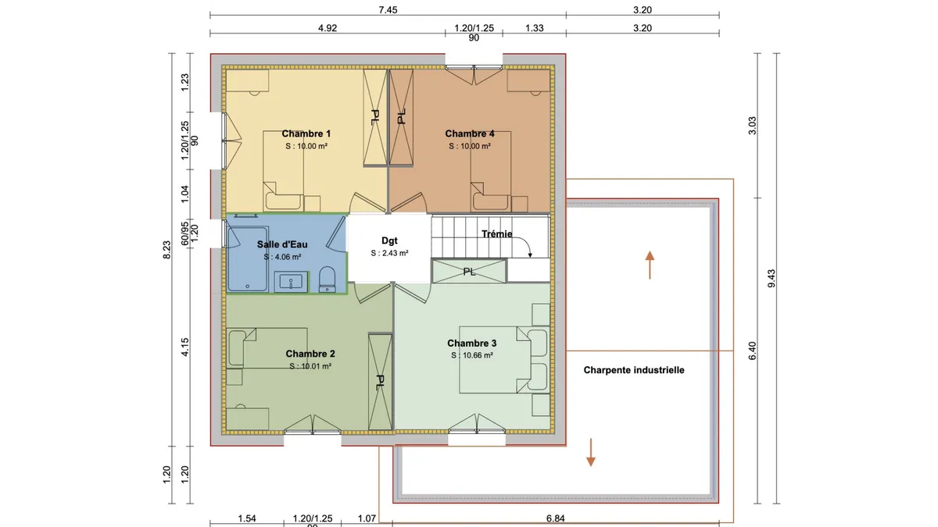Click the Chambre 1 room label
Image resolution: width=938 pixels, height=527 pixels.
[306, 134]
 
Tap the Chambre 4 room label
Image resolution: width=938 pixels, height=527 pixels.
[470, 134]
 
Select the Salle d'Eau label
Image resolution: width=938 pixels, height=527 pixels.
[282, 244]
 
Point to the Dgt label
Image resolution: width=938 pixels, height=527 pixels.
[389, 241]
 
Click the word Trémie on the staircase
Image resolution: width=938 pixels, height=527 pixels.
[496, 233]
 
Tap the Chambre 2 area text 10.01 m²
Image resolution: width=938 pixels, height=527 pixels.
[314, 366]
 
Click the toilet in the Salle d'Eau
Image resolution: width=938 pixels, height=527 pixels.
[327, 280]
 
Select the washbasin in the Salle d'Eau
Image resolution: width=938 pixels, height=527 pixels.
[291, 282]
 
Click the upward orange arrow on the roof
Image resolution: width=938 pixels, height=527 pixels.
[650, 265]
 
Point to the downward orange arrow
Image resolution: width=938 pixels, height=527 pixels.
[590, 452]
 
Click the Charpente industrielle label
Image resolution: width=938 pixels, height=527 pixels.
[634, 370]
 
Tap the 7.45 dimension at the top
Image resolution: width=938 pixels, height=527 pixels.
[388, 10]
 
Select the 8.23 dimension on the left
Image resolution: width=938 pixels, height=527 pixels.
[166, 250]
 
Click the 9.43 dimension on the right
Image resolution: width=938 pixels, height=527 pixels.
[772, 279]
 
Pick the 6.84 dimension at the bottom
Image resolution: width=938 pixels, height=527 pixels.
[555, 518]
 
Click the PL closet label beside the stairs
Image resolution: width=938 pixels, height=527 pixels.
[470, 272]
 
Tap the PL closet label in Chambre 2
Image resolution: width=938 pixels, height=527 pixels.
[380, 383]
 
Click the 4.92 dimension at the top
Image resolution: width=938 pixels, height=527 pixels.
[328, 28]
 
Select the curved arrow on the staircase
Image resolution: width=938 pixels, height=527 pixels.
[526, 242]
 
